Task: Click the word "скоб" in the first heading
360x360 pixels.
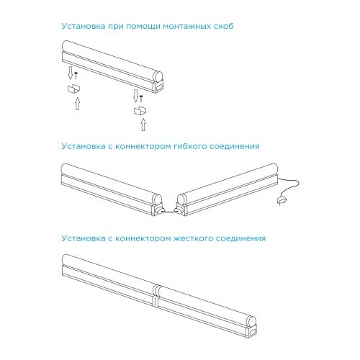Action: [223, 26]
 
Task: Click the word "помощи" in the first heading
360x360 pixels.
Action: [143, 27]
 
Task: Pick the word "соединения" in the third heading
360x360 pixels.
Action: [241, 238]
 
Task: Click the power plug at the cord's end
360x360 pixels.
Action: [282, 201]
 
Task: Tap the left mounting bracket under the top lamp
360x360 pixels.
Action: [73, 89]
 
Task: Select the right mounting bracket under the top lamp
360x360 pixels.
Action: [140, 110]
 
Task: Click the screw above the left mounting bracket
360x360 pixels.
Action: [76, 76]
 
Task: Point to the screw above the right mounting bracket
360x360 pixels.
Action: [141, 99]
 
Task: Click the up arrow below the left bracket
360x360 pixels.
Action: [77, 104]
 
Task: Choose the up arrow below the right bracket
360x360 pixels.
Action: [143, 125]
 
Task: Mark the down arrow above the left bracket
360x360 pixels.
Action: [71, 73]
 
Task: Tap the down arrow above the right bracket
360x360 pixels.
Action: [136, 96]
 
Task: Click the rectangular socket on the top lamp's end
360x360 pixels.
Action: [158, 87]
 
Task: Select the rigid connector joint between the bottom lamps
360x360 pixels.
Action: [156, 296]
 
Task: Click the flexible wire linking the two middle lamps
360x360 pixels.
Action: [170, 211]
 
